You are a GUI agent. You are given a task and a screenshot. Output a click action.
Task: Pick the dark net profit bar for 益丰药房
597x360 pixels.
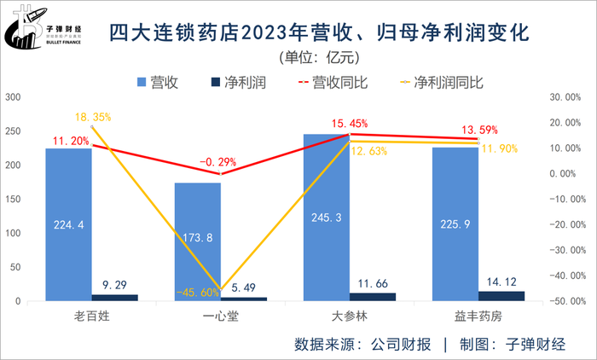click(x=501, y=296)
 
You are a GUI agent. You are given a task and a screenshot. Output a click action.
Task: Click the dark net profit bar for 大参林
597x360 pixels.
click(x=373, y=297)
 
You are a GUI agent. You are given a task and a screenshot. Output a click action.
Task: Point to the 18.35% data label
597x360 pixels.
click(x=93, y=117)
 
